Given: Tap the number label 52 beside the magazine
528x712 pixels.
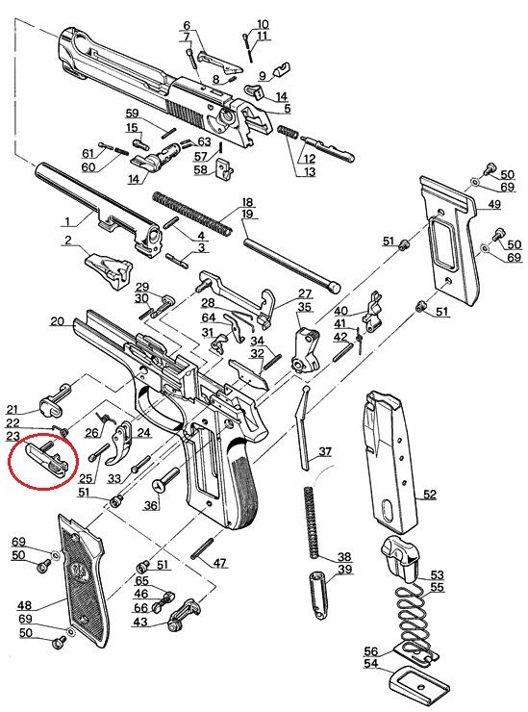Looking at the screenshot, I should tap(429, 495).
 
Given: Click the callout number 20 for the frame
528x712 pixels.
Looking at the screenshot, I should tap(56, 320).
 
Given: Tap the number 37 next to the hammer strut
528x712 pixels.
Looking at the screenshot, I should tap(325, 451).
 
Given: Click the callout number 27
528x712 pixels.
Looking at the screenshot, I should tap(305, 293).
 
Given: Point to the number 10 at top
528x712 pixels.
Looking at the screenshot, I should tap(263, 23).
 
